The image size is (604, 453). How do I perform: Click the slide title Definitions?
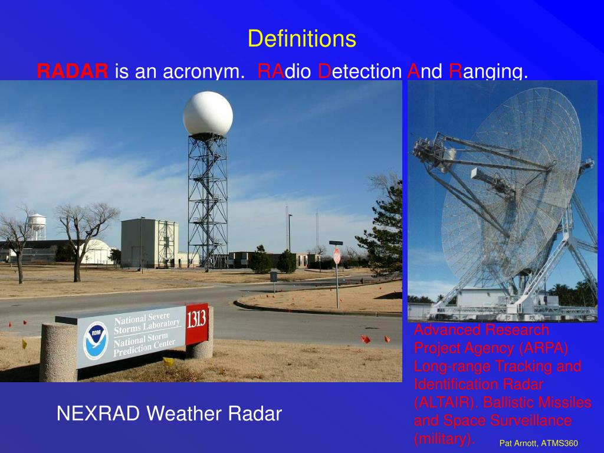point(301,39)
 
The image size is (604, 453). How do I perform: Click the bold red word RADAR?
point(73,71)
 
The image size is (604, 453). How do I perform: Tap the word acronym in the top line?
point(203,71)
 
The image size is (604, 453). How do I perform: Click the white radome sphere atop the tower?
point(208,114)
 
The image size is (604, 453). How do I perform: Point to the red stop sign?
point(337,256)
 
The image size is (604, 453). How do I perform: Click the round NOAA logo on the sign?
point(95,340)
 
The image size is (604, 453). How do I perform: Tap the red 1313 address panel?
point(196,323)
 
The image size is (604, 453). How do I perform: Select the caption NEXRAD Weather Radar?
point(169,413)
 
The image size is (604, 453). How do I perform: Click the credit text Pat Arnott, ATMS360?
point(538,443)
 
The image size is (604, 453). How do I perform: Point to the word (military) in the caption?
point(444,439)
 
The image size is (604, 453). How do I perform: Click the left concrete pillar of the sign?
point(58,353)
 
